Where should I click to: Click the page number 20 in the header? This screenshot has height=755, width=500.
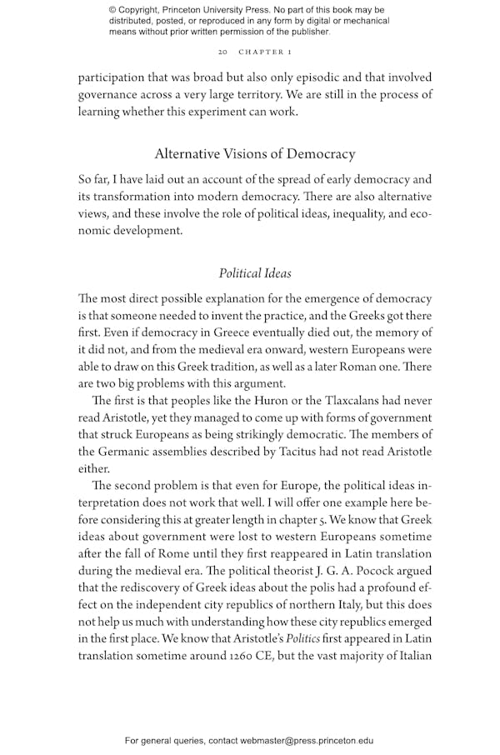[x=222, y=52]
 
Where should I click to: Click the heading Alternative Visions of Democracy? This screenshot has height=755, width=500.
[x=255, y=154]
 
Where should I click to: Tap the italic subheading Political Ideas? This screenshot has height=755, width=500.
[x=255, y=273]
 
